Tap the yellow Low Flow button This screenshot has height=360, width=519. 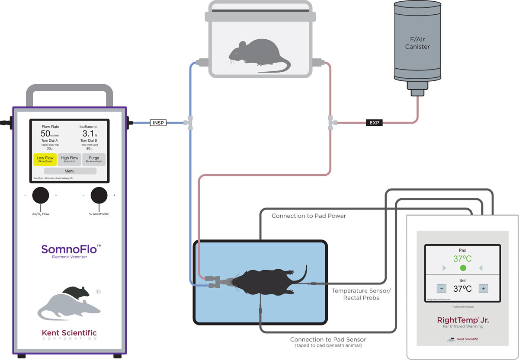point(45,159)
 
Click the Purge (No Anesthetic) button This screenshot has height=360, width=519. point(94,159)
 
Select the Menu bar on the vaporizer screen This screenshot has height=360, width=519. point(69,171)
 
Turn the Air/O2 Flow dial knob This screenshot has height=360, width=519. point(41,195)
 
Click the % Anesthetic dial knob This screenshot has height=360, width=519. point(99,195)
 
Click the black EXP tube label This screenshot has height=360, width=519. point(374,123)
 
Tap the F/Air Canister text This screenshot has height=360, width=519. point(417,43)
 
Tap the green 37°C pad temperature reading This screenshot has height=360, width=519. point(462,259)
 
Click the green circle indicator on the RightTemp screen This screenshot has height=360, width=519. point(463,268)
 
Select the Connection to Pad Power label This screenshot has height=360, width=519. point(308,216)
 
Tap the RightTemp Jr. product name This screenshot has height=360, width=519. point(462,320)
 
